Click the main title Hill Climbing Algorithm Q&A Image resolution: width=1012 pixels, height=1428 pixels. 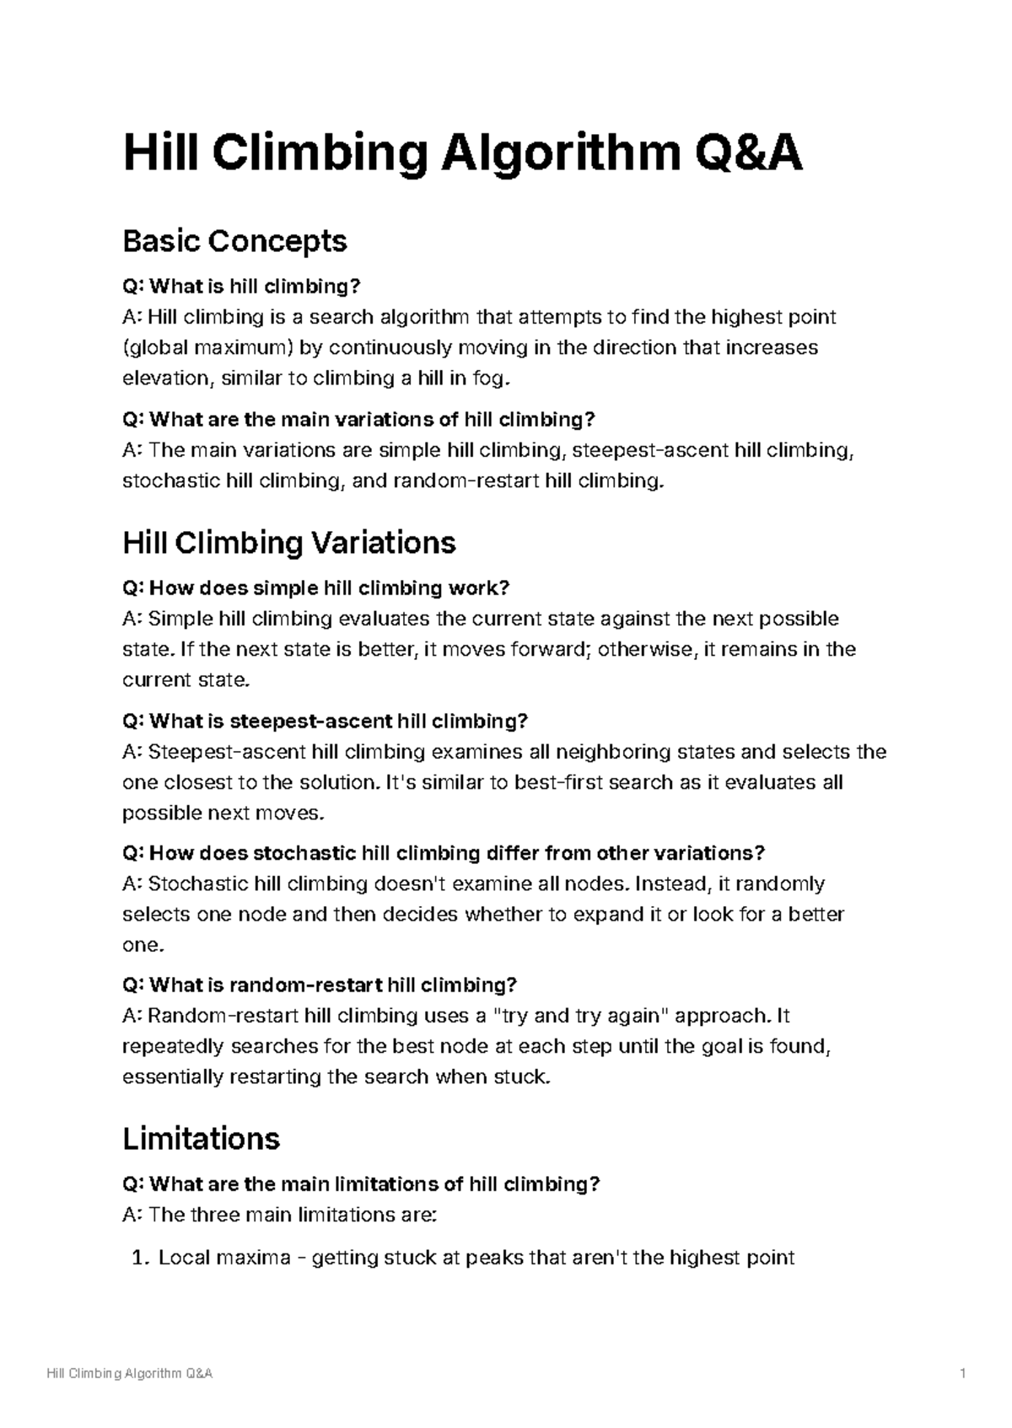click(x=462, y=155)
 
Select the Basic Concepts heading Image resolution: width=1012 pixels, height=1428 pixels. click(x=234, y=242)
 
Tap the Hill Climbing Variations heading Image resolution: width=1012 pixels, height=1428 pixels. click(x=288, y=542)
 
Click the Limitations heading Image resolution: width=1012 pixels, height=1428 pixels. click(x=201, y=1139)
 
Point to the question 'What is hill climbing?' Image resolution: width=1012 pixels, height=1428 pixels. click(x=241, y=287)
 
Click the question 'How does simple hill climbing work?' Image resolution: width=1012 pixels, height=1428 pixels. click(x=316, y=588)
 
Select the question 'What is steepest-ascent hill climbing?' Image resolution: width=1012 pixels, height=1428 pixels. click(x=325, y=721)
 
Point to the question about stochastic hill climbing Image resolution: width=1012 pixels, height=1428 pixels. click(x=444, y=853)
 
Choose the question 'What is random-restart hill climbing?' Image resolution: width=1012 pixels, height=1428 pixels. click(x=319, y=985)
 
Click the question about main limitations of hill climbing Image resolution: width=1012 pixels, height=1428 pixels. click(x=361, y=1184)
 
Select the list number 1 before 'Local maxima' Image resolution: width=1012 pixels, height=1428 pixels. click(x=139, y=1259)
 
